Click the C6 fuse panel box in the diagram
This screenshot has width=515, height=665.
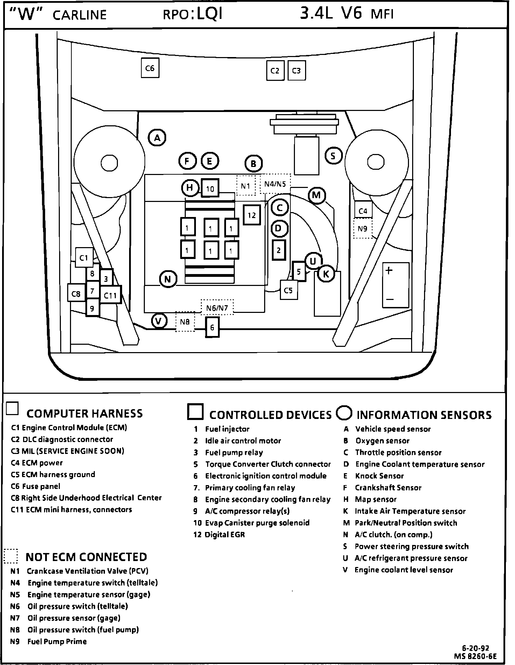tap(150, 68)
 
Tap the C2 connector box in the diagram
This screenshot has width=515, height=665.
tap(275, 71)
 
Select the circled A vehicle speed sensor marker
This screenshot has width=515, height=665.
tap(157, 138)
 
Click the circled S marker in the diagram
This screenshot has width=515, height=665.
tap(333, 156)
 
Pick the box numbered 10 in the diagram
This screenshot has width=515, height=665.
tap(210, 189)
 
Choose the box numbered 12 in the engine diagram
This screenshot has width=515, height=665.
tap(252, 215)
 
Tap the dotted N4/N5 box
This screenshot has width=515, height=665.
tap(275, 184)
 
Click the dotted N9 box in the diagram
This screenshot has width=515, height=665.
tap(362, 229)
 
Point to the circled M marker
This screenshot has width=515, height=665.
tap(316, 195)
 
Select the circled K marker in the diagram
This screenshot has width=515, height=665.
tap(326, 274)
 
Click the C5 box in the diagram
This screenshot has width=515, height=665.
tap(289, 290)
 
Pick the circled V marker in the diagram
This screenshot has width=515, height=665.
tap(159, 321)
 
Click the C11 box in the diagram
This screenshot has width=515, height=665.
tap(111, 295)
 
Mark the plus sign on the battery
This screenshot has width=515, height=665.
tap(389, 271)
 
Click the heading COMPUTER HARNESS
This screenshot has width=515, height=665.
tap(85, 414)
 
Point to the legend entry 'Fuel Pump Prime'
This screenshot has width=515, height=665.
tap(57, 642)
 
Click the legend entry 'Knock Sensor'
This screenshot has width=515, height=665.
tap(379, 476)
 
